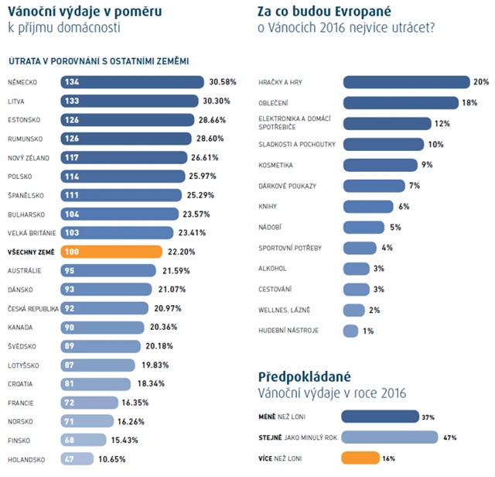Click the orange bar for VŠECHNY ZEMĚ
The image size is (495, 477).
tap(112, 252)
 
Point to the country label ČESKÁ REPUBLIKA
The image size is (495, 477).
tap(31, 308)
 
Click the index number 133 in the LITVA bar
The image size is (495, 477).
tap(73, 101)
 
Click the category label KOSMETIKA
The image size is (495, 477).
tap(275, 165)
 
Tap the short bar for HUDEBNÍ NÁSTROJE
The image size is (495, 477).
tap(350, 331)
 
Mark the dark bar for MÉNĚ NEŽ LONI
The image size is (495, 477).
tap(380, 417)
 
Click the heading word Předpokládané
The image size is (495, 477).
tap(304, 377)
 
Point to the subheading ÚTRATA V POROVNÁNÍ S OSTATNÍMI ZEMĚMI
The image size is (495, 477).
tap(99, 60)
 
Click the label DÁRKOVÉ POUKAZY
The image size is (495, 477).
tap(287, 186)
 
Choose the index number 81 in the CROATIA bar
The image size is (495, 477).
tap(71, 384)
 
